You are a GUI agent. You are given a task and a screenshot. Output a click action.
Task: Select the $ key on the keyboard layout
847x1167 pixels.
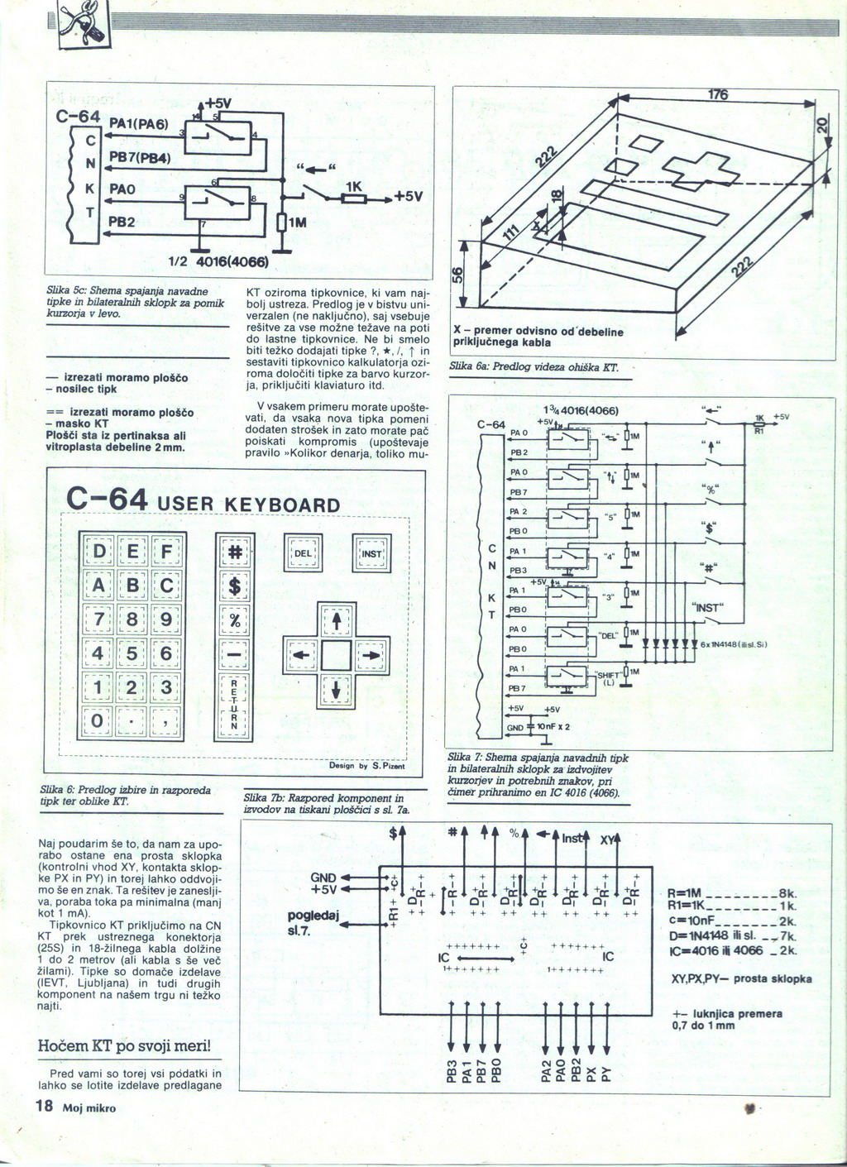tap(235, 588)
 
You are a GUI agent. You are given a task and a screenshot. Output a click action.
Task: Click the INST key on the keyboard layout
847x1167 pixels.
tap(372, 553)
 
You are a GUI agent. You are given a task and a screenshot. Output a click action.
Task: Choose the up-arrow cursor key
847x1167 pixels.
tap(337, 620)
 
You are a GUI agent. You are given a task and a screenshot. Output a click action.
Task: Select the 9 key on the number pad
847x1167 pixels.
tap(167, 620)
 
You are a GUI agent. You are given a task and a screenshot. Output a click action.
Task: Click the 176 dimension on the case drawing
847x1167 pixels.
tap(717, 95)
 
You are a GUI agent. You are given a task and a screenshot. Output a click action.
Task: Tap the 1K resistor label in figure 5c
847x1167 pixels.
tap(353, 188)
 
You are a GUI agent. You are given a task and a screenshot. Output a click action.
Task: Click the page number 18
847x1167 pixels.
tap(43, 1107)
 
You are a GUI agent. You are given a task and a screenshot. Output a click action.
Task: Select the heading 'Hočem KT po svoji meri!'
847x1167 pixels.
tap(124, 1046)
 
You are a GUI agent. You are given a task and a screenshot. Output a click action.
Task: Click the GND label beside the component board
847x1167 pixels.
tap(323, 877)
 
